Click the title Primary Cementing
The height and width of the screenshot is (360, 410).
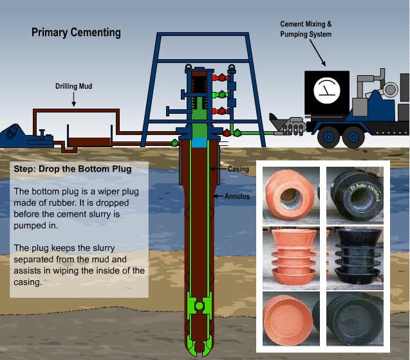[x=76, y=32]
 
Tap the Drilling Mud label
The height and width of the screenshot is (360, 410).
[x=74, y=85]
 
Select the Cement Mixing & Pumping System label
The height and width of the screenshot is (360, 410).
[x=306, y=29]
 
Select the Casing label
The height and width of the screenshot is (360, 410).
[x=238, y=169]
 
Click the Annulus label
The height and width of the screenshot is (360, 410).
[x=236, y=196]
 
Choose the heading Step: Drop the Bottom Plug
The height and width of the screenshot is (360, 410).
[x=72, y=170]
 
